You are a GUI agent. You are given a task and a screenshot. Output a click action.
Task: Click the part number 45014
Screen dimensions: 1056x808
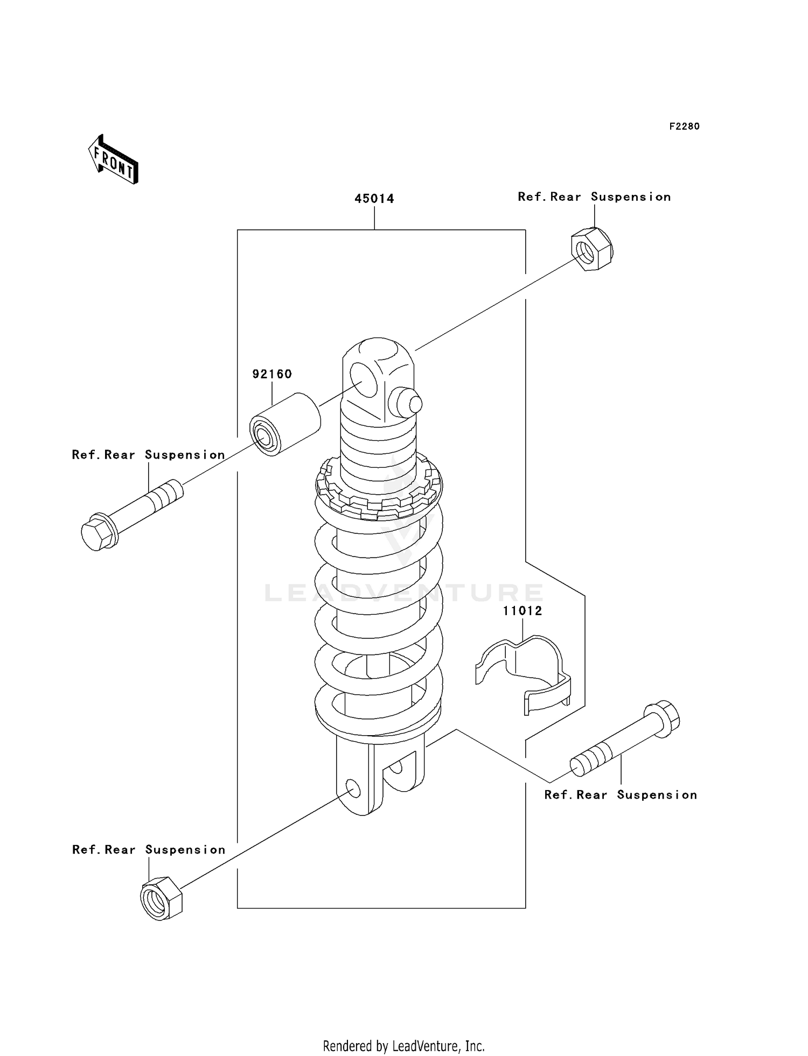[374, 199]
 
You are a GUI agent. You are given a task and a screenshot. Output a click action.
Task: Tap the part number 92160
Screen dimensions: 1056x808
[272, 374]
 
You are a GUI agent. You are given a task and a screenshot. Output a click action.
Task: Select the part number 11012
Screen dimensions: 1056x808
[523, 611]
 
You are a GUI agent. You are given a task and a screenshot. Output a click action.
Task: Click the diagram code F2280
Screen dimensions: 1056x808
[684, 126]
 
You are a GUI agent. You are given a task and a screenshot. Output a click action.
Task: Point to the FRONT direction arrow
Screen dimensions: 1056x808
[114, 160]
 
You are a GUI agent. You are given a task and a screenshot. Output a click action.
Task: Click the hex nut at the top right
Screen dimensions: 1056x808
[591, 249]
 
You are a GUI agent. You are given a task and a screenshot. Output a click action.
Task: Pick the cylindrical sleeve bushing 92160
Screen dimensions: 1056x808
[285, 425]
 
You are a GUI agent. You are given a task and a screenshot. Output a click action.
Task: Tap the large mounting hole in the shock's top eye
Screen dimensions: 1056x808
[363, 379]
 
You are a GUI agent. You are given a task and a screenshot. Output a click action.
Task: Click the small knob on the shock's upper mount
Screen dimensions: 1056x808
[409, 403]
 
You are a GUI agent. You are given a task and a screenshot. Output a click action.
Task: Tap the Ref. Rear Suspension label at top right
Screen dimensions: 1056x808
[594, 197]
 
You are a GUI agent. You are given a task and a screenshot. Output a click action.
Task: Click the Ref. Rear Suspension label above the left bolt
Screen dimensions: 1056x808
[149, 455]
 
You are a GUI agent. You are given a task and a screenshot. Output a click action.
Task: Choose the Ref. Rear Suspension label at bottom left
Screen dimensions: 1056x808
[149, 850]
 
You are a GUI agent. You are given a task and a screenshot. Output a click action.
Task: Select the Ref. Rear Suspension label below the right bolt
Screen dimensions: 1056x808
[621, 795]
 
